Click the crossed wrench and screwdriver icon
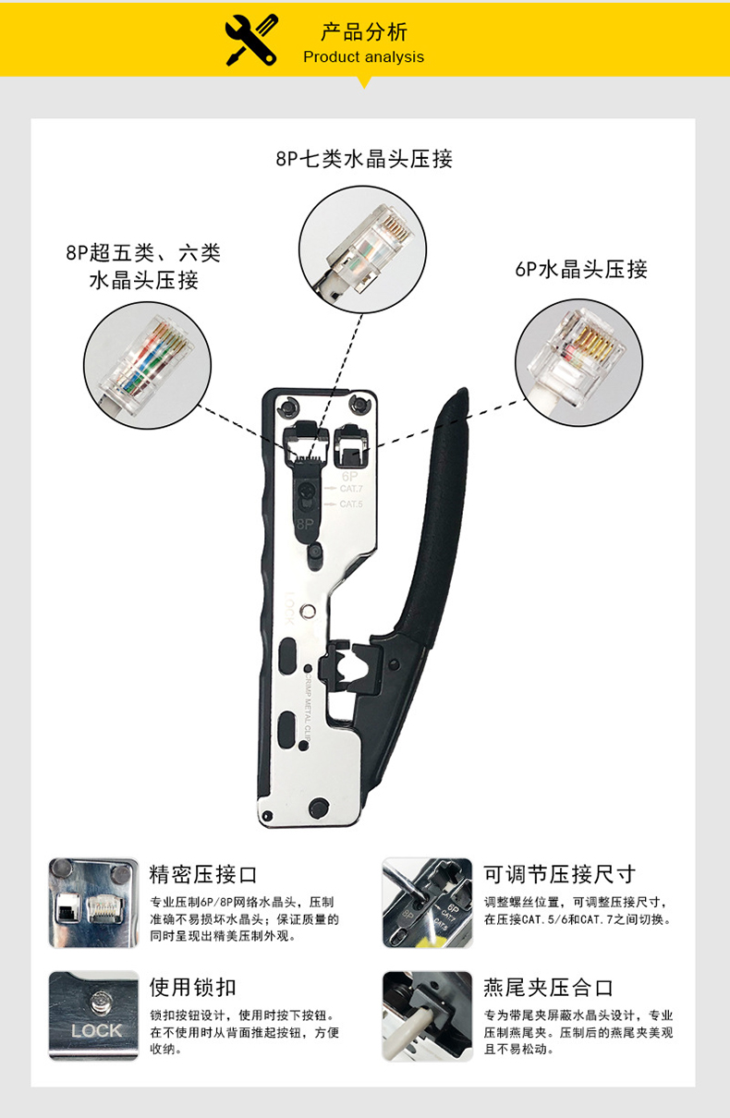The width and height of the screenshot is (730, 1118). [x=251, y=40]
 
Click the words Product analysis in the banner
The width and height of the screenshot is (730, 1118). [x=363, y=57]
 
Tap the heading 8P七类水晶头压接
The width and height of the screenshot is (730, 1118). [x=364, y=159]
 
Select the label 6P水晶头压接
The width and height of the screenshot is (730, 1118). [x=581, y=270]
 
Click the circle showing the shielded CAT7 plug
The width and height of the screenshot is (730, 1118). [x=362, y=249]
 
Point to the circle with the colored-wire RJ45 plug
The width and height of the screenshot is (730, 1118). [x=147, y=365]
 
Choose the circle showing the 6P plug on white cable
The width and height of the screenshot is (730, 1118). [x=578, y=362]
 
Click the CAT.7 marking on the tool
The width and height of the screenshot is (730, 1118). [x=351, y=489]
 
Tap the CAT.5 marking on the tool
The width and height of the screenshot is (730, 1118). [x=351, y=504]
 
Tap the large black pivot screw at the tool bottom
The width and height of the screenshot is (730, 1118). [x=319, y=807]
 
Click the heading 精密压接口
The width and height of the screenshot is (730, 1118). [x=203, y=874]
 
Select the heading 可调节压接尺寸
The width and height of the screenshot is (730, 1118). [x=559, y=874]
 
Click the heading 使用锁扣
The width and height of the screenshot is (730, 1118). [x=193, y=987]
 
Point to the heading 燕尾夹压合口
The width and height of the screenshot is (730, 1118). [x=548, y=987]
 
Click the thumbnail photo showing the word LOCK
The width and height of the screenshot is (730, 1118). [x=93, y=1015]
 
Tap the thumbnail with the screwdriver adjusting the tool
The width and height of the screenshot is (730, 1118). [x=428, y=903]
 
